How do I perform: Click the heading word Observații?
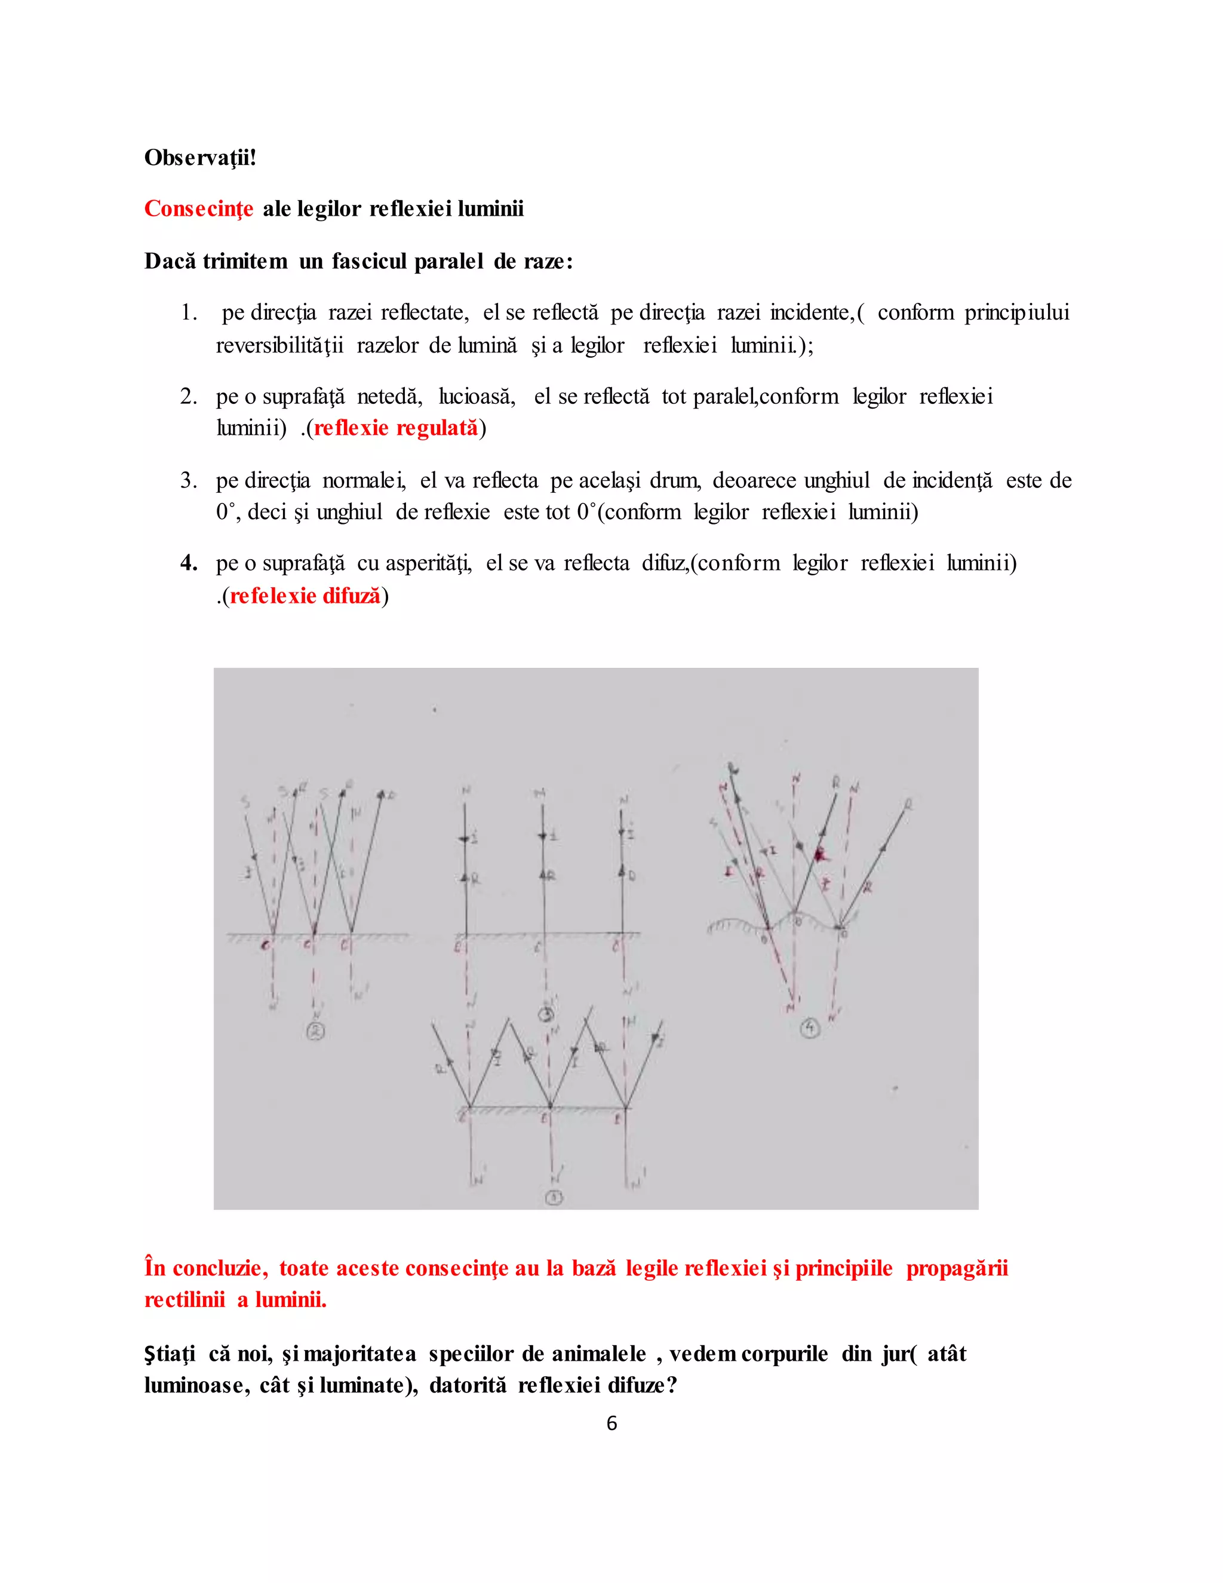click(x=200, y=157)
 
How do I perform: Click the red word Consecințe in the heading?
click(x=198, y=208)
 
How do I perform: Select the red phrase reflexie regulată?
click(x=395, y=428)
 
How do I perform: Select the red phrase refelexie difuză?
click(x=305, y=596)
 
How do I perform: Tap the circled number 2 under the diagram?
click(x=316, y=1032)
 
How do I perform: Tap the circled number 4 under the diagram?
click(x=810, y=1028)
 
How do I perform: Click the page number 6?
click(x=611, y=1423)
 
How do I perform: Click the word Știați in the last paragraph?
click(x=170, y=1354)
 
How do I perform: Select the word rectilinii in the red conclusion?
click(x=185, y=1300)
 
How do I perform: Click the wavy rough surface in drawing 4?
click(x=732, y=924)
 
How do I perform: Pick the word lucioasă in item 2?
click(x=477, y=397)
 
